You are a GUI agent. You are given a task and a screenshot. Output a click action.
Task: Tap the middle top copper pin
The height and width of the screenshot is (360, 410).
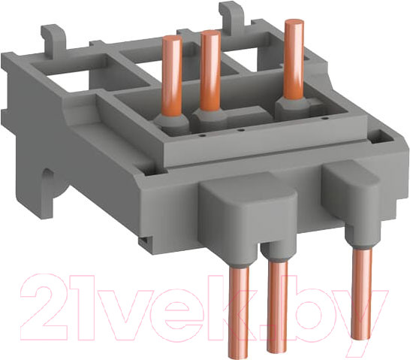click(210, 64)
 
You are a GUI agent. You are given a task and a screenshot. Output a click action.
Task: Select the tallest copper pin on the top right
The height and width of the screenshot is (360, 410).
click(293, 53)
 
